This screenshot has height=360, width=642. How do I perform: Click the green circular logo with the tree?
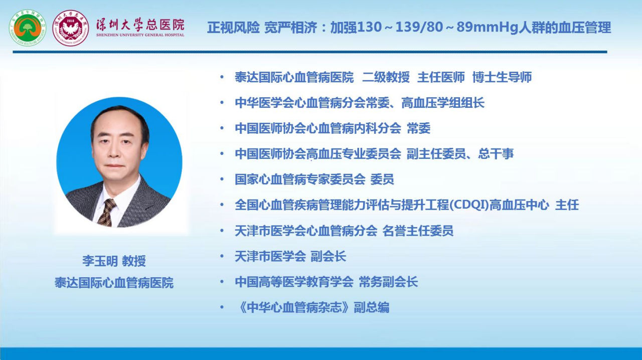[28, 28]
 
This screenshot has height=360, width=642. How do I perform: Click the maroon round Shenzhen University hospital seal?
[71, 28]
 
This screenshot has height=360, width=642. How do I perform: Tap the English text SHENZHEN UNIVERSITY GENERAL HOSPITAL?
[140, 35]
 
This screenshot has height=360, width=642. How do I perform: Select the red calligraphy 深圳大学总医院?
[140, 25]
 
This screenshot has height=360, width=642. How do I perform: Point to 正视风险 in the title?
[233, 28]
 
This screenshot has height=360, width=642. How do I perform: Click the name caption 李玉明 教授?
[114, 261]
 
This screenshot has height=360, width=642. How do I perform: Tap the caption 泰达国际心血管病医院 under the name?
[114, 283]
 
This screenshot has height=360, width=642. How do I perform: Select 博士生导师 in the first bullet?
[502, 77]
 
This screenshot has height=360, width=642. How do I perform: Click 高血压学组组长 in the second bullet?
[443, 103]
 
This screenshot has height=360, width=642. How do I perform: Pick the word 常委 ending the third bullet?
[418, 128]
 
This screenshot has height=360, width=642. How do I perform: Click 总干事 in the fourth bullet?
[496, 153]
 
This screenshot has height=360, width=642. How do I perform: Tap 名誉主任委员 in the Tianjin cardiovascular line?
[418, 231]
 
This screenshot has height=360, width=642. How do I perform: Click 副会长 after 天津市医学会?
[328, 256]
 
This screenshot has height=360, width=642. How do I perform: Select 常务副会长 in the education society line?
[388, 281]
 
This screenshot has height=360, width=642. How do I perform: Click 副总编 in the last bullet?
[372, 307]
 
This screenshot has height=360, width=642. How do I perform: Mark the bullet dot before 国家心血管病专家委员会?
[222, 179]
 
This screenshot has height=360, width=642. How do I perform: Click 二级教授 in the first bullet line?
[386, 77]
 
